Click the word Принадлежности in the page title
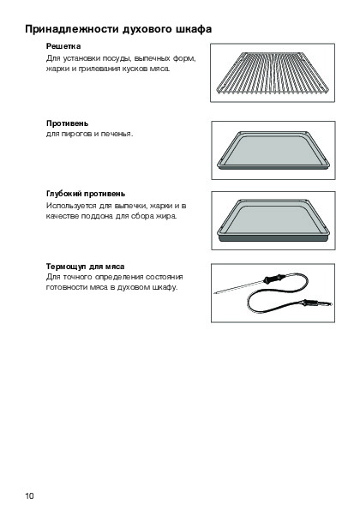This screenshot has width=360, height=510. (x=72, y=29)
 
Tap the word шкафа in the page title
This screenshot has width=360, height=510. (x=195, y=29)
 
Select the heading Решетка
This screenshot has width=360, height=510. (x=63, y=46)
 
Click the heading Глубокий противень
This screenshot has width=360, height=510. (x=86, y=194)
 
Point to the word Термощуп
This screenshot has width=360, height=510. (x=66, y=267)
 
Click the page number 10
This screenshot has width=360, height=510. (x=29, y=495)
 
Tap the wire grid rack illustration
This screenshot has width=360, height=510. (x=273, y=73)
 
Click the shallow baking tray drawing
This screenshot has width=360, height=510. (x=273, y=150)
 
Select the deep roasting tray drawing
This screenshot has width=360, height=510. (x=273, y=220)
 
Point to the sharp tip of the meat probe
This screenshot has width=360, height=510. (x=214, y=293)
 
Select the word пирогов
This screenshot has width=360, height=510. (x=77, y=134)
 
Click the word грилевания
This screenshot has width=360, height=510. (x=99, y=69)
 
